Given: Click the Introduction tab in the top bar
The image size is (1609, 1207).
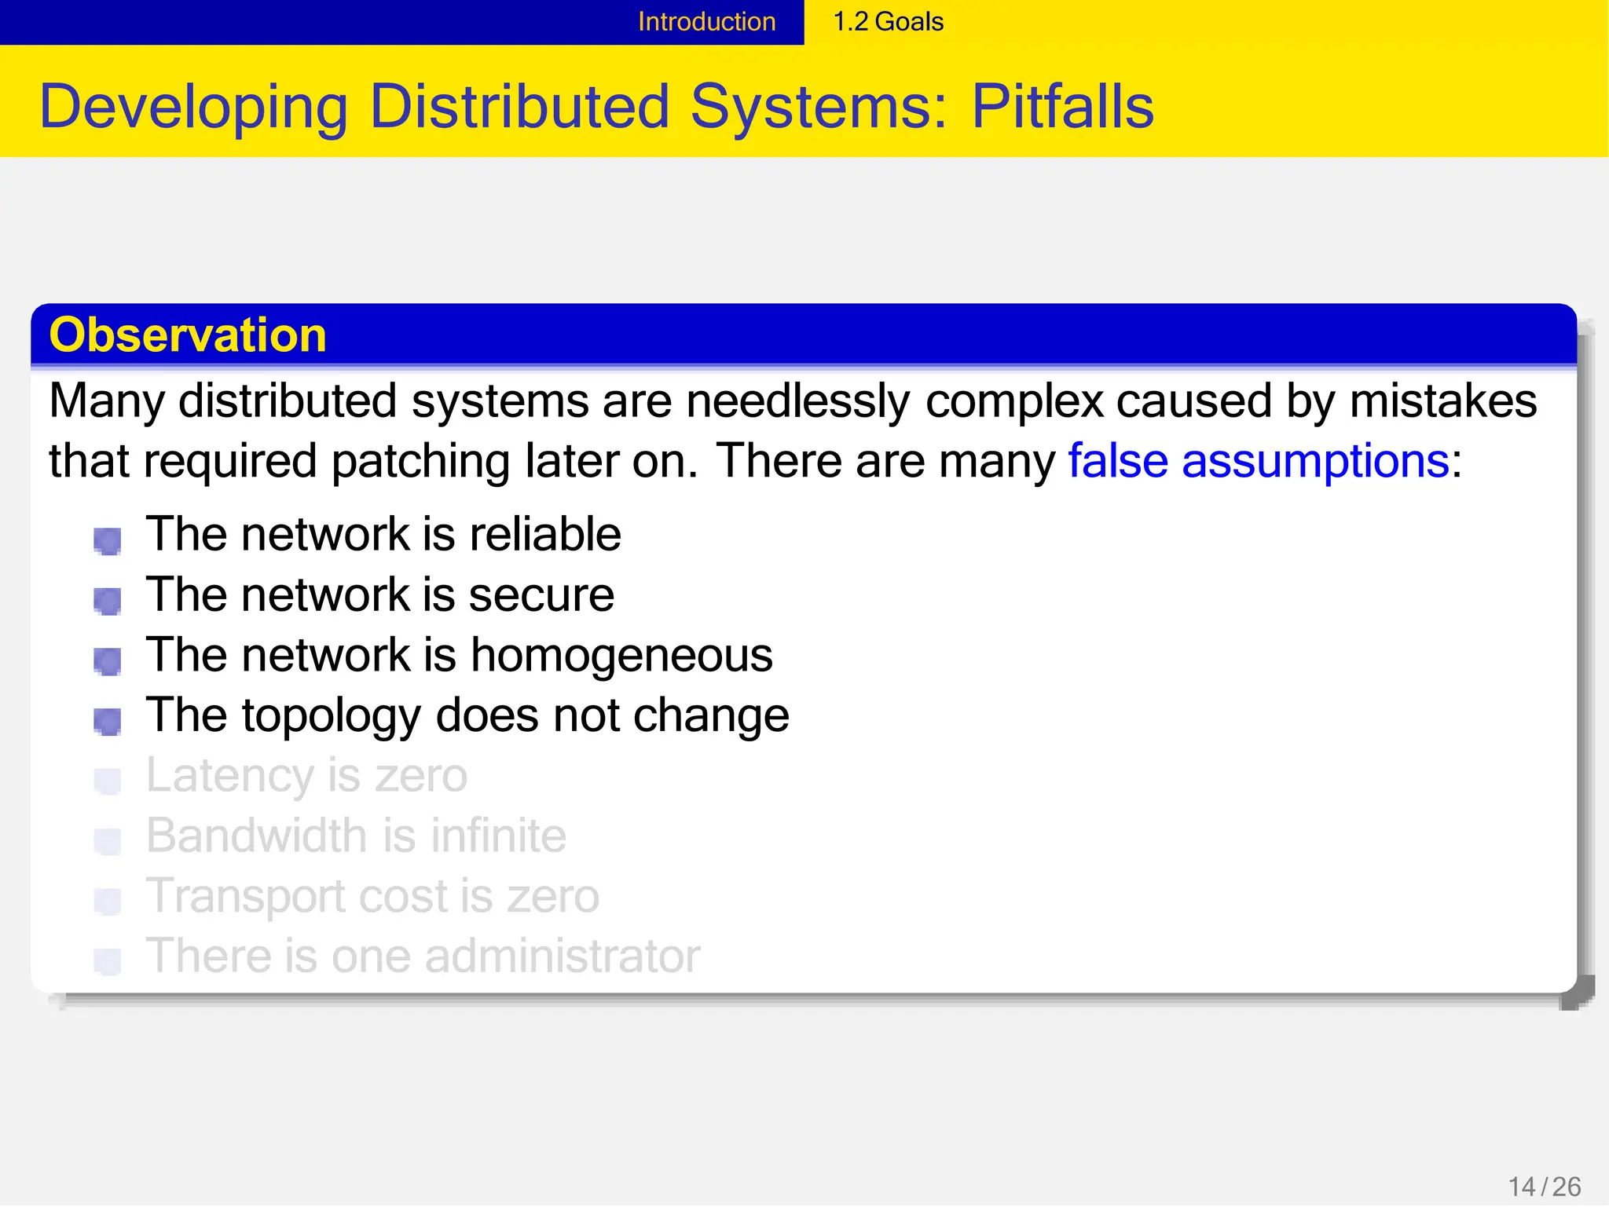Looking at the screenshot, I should [706, 22].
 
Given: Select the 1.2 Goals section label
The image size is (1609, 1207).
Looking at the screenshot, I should [888, 22].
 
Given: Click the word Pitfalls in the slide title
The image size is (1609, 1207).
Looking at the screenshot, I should [1062, 107].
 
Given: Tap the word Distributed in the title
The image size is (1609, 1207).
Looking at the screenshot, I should [519, 107].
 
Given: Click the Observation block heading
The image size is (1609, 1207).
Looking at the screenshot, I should [188, 335].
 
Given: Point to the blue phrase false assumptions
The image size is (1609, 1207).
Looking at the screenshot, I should [1258, 461].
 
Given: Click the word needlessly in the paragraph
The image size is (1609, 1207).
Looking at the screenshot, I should [797, 401].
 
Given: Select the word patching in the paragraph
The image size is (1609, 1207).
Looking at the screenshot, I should [421, 461].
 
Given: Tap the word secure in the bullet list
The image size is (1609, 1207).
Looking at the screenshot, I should [541, 595].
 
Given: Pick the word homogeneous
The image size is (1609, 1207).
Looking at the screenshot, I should [621, 655].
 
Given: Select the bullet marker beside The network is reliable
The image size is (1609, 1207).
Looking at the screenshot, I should [108, 540].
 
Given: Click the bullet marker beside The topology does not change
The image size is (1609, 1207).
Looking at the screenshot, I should [108, 721].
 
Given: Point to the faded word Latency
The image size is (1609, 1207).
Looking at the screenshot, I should [229, 776].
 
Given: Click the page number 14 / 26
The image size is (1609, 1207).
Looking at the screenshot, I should [1545, 1187].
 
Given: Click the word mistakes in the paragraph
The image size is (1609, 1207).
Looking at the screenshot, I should [1442, 401].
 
